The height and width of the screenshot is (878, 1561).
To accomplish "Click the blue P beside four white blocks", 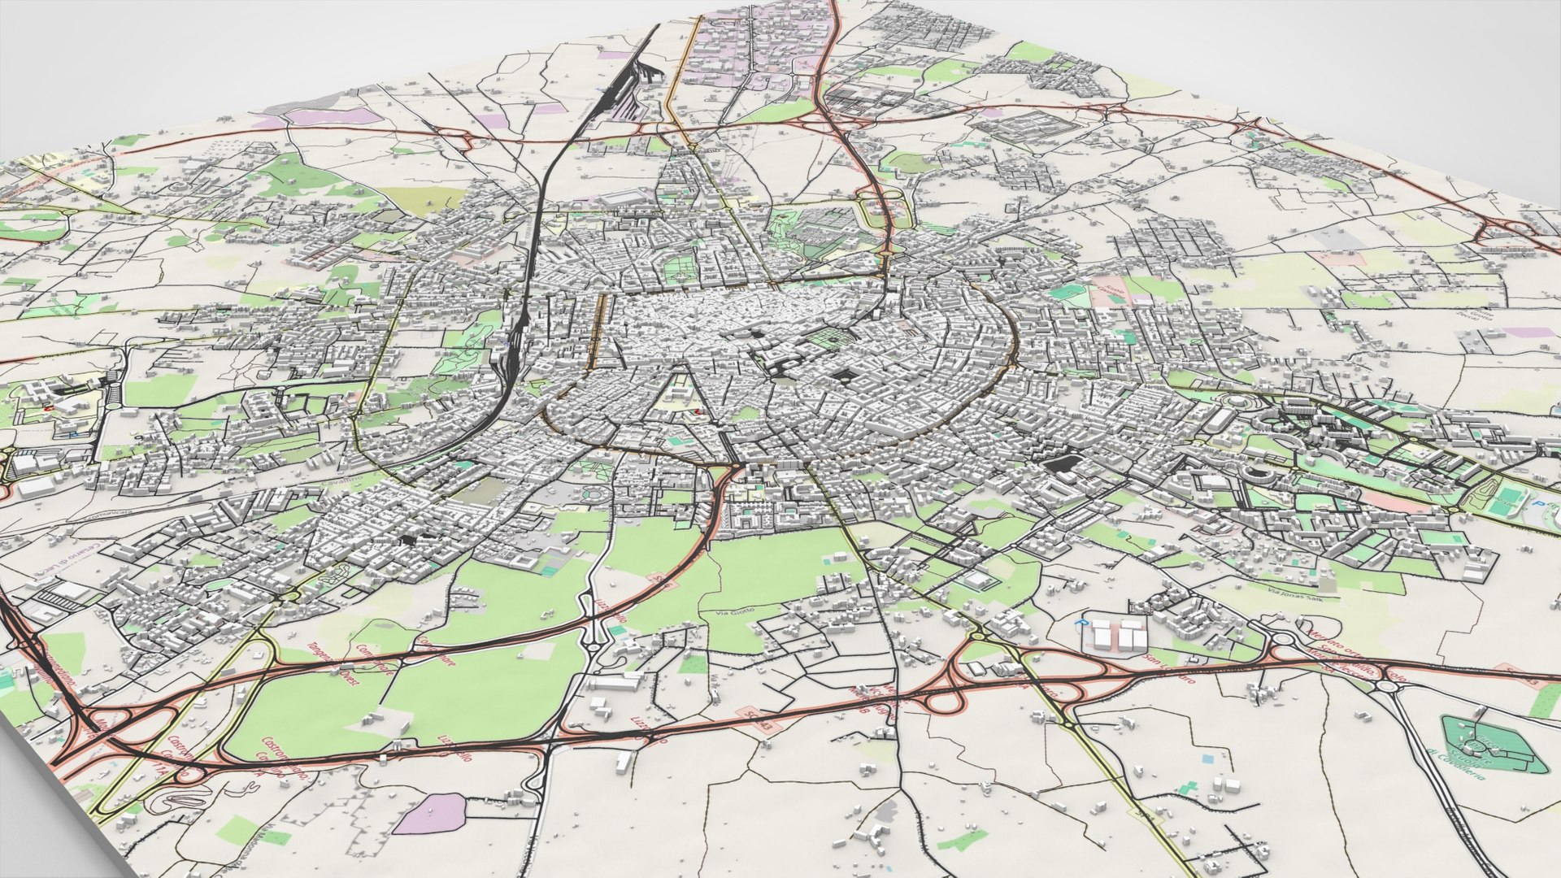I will (1081, 622).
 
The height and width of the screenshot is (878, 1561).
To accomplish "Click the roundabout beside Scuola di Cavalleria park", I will (1387, 687).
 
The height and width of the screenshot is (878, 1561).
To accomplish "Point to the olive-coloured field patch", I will (423, 199).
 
